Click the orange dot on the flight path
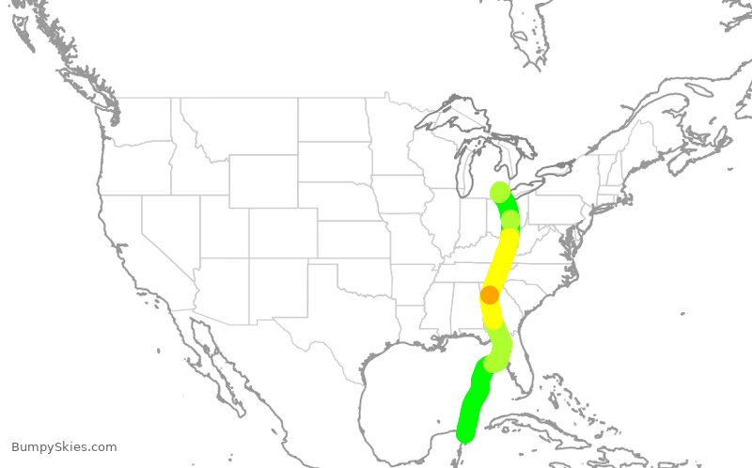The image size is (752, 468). (x=490, y=295)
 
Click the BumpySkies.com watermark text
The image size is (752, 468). (x=64, y=447)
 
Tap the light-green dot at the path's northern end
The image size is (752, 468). (x=500, y=192)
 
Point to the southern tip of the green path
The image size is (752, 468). (x=464, y=434)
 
